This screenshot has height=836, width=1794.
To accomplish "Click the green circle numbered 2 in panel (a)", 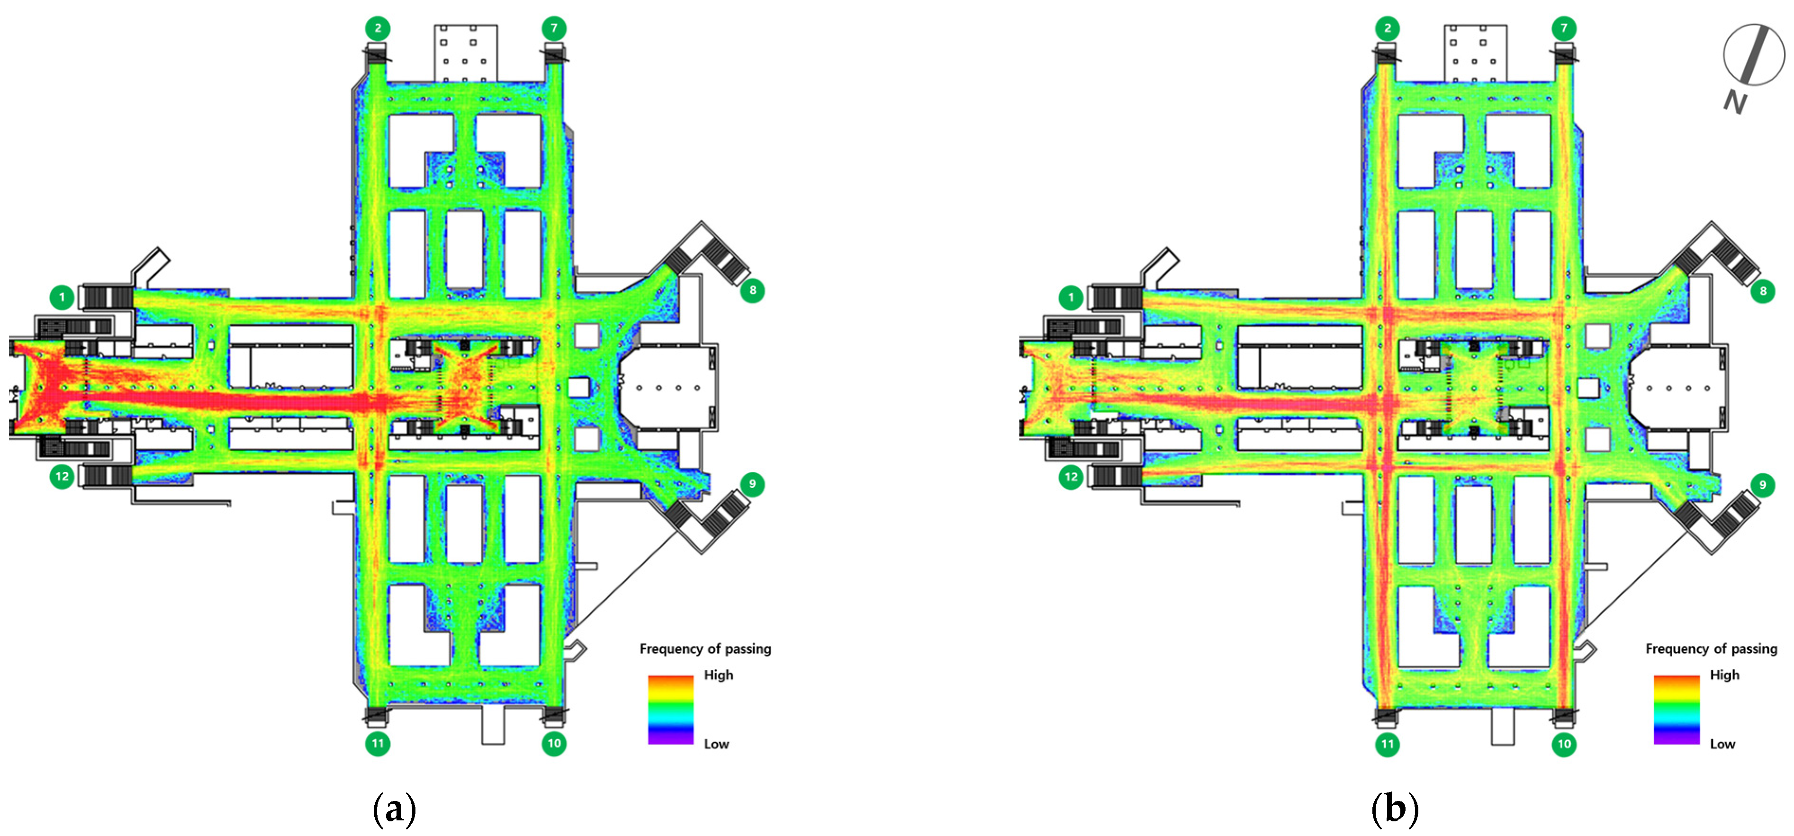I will coord(378,28).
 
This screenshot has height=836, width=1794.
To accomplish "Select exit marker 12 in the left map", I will coord(62,477).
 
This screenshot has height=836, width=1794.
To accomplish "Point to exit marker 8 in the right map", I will coord(1763,291).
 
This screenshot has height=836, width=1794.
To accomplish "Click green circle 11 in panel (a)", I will coord(378,743).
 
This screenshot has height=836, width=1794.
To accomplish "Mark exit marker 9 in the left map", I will coord(752,484).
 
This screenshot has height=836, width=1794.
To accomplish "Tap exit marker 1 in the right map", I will coord(1071,298).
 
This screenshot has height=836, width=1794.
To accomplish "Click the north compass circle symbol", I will coord(1754,54).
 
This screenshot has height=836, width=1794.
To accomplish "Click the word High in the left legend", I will coord(718,675).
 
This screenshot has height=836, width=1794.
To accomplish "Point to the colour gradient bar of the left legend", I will coord(670,709).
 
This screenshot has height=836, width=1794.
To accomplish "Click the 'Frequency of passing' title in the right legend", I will coord(1711,649).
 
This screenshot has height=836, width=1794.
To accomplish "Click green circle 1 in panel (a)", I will coord(62,298).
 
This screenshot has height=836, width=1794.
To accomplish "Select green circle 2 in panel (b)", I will coord(1387,28).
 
